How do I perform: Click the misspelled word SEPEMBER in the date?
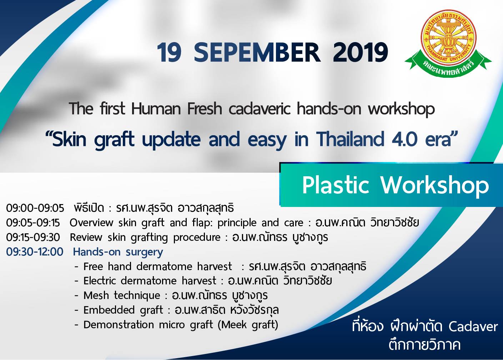point(257,52)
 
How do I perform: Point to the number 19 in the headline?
point(169,52)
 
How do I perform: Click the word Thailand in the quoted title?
point(351,140)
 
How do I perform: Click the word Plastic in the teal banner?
point(336,186)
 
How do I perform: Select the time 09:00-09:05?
point(35,208)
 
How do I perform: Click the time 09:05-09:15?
point(33,223)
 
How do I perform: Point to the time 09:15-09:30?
point(33,238)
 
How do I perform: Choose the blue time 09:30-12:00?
point(35,252)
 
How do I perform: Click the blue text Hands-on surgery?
point(118,252)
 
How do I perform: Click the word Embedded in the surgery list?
point(109,310)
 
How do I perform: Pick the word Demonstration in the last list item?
point(119,325)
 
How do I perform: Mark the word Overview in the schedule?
point(91,223)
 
